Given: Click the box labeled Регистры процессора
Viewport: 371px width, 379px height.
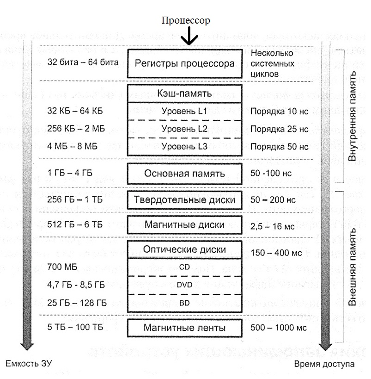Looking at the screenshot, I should tap(185, 64).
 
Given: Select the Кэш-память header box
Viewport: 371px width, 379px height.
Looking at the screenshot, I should tap(185, 93).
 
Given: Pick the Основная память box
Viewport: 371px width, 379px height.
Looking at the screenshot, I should tap(185, 174).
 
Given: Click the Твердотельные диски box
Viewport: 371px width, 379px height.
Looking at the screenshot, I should tap(185, 200).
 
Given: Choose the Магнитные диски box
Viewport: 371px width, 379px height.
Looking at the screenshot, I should tap(185, 225).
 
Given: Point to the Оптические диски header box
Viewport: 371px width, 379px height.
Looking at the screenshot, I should tap(185, 249).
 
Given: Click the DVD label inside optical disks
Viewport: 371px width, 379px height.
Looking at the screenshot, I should tap(185, 285).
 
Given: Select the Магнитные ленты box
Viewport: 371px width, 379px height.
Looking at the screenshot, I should tap(185, 328).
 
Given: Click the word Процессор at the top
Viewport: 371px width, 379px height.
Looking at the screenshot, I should tap(186, 20).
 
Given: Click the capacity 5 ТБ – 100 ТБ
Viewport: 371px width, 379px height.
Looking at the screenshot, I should tap(75, 328).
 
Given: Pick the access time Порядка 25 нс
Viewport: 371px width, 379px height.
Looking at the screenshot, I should tap(279, 129).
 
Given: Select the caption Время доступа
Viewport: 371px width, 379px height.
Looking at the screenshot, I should tap(325, 364).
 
